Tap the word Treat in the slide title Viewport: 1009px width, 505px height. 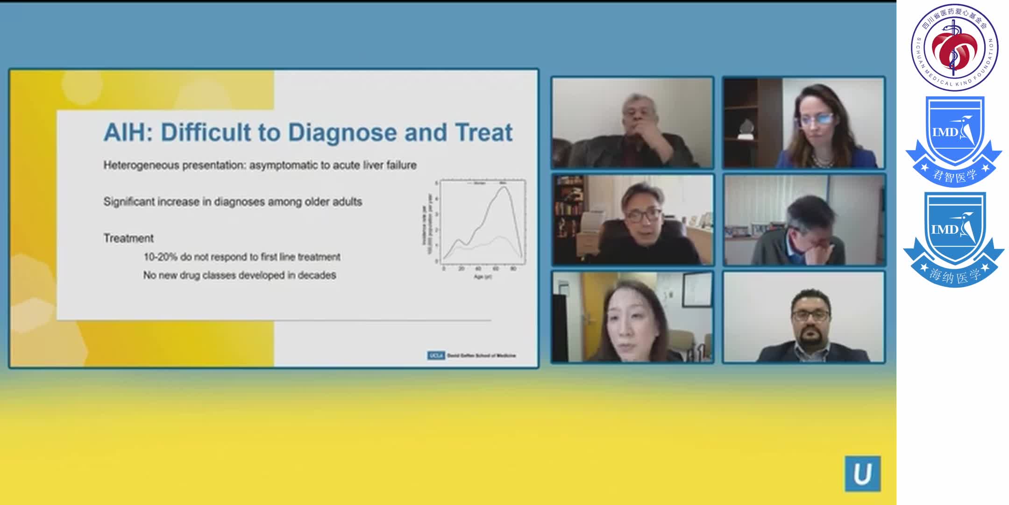click(483, 132)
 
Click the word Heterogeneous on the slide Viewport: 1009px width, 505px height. click(141, 165)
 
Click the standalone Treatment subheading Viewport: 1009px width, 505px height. click(128, 238)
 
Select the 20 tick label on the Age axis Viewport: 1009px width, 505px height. click(461, 269)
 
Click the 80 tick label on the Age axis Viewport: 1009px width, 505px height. click(513, 269)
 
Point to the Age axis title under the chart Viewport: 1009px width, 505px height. click(483, 277)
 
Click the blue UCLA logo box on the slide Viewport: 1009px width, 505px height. click(435, 355)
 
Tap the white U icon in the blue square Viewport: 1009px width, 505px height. click(862, 474)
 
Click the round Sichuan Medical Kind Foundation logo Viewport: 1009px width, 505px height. click(954, 47)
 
